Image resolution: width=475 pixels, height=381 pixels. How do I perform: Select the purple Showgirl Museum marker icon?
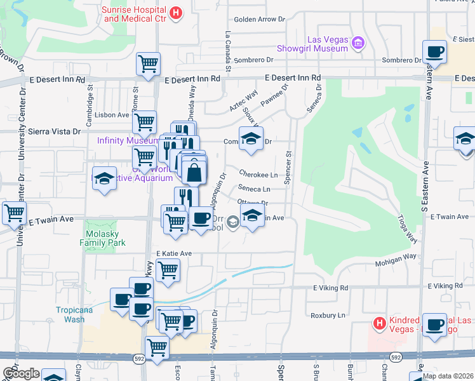358,43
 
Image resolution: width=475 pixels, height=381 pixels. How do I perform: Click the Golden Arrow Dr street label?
260,20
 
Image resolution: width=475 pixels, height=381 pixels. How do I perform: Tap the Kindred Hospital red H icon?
379,323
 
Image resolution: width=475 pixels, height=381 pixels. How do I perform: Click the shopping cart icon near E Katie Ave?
168,269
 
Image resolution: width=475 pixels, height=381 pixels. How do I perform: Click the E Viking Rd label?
331,288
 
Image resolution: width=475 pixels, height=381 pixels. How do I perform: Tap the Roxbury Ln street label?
328,315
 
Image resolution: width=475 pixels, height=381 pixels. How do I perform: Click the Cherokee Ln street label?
258,175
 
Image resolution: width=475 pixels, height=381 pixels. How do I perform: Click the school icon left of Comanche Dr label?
251,138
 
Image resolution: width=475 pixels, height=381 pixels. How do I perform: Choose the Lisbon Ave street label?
112,115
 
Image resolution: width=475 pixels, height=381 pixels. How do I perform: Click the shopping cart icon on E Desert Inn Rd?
148,63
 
